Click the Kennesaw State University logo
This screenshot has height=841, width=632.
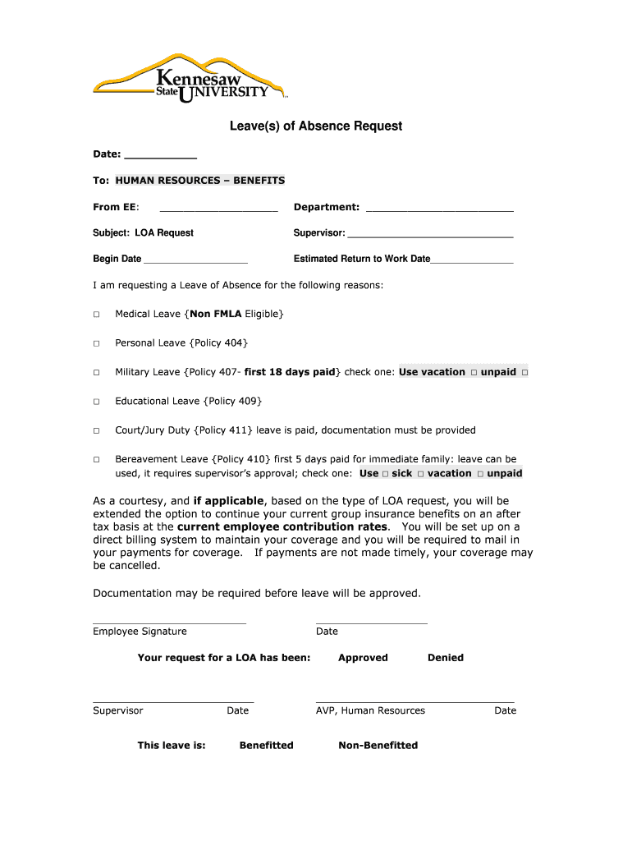pos(190,80)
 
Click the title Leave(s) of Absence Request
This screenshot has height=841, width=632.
pos(315,126)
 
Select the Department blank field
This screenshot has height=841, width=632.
pos(439,208)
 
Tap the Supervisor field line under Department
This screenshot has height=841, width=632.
pos(430,234)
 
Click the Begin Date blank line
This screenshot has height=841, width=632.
pos(195,260)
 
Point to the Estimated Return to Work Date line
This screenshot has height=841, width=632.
pos(472,260)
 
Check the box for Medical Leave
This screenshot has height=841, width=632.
pos(96,315)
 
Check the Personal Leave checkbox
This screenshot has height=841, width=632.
pos(96,343)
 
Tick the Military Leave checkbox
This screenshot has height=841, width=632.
pos(96,373)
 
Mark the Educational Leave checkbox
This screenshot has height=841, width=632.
pos(96,402)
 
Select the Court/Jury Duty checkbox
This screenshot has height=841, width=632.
pos(96,430)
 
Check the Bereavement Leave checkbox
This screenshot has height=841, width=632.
pos(96,460)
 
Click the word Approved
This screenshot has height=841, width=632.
pos(363,658)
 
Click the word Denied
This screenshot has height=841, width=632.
pos(446,658)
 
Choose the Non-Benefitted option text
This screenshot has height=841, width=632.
pos(378,746)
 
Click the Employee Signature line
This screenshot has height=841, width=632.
pos(169,622)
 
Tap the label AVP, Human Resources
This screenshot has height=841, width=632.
pos(370,711)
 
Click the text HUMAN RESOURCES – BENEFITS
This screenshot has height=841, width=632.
pos(200,181)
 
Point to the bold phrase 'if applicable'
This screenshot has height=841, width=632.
pos(228,501)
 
